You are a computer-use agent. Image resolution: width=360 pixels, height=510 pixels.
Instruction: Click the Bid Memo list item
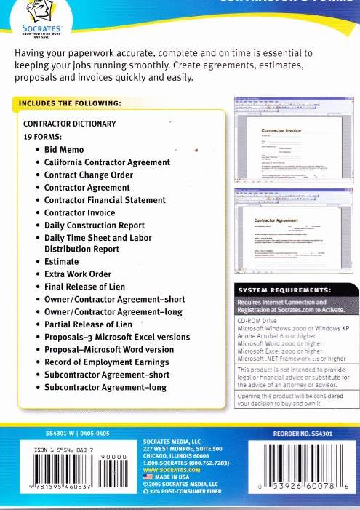[x=64, y=149]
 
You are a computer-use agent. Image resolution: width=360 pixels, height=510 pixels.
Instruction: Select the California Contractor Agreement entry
[x=107, y=162]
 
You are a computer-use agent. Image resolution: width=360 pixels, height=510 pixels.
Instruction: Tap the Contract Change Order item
[x=88, y=175]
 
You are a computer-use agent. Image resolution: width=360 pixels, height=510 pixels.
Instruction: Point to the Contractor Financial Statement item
[x=105, y=200]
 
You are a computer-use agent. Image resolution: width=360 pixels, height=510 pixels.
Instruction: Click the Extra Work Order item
[x=77, y=274]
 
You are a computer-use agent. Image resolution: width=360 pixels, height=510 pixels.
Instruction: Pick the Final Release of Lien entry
[x=84, y=287]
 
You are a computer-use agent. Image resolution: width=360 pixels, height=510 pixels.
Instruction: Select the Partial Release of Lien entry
[x=88, y=324]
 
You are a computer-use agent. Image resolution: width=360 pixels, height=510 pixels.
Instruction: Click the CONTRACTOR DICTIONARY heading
[x=70, y=124]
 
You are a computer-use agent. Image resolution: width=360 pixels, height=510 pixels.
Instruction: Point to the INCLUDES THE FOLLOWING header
[x=70, y=103]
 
